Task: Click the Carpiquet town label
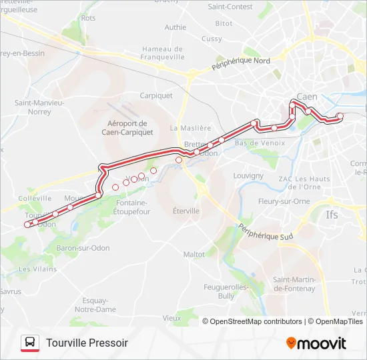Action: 156,95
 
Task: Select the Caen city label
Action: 307,96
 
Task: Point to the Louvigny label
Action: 248,175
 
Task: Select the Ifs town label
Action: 332,215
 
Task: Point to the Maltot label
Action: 194,254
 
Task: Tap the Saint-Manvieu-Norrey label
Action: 39,107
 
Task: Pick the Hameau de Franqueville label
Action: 162,53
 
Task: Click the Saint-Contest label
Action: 230,7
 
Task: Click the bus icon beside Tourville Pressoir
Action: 30,343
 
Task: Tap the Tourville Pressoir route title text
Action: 87,343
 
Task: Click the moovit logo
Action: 316,343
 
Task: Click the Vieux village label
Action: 171,318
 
